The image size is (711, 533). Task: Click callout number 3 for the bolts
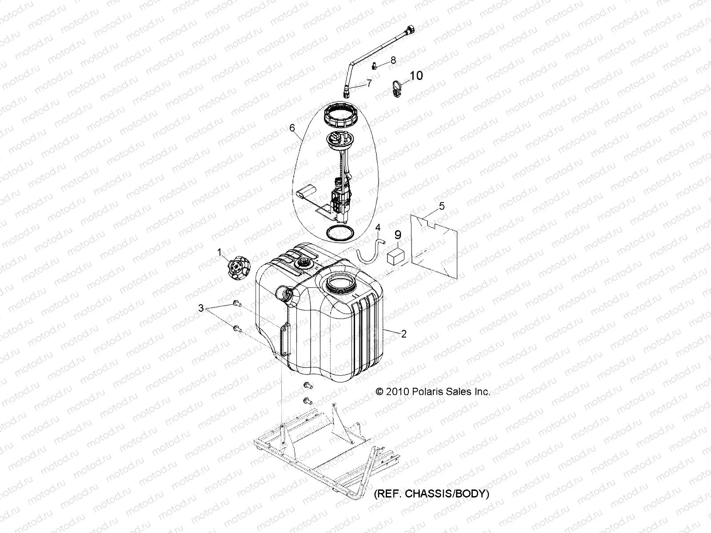point(201,308)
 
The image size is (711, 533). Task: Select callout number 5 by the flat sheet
point(442,206)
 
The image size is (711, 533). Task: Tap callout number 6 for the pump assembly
point(292,128)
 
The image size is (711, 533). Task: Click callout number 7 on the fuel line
point(368,83)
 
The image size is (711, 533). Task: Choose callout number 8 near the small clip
point(393,60)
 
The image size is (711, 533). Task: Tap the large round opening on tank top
point(341,283)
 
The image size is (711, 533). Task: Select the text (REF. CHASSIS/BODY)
point(431,494)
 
